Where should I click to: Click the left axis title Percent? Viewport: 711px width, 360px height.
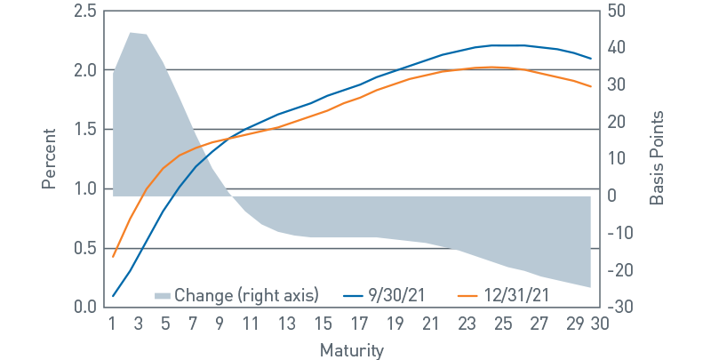point(50,158)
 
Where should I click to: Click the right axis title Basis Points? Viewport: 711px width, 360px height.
point(657,158)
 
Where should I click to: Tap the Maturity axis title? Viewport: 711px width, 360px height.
point(352,350)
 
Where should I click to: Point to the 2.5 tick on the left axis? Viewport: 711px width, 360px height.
point(85,11)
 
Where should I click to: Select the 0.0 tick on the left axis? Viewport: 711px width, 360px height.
point(85,308)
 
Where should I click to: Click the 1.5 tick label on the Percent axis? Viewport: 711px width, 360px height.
point(85,130)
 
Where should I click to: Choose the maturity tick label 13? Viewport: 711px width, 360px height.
point(283,324)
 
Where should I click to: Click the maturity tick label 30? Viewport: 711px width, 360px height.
point(600,324)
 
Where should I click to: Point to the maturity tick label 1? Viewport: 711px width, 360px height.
point(113,324)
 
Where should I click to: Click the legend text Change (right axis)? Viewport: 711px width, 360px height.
point(245,294)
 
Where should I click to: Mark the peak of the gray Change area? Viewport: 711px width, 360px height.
point(131,33)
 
